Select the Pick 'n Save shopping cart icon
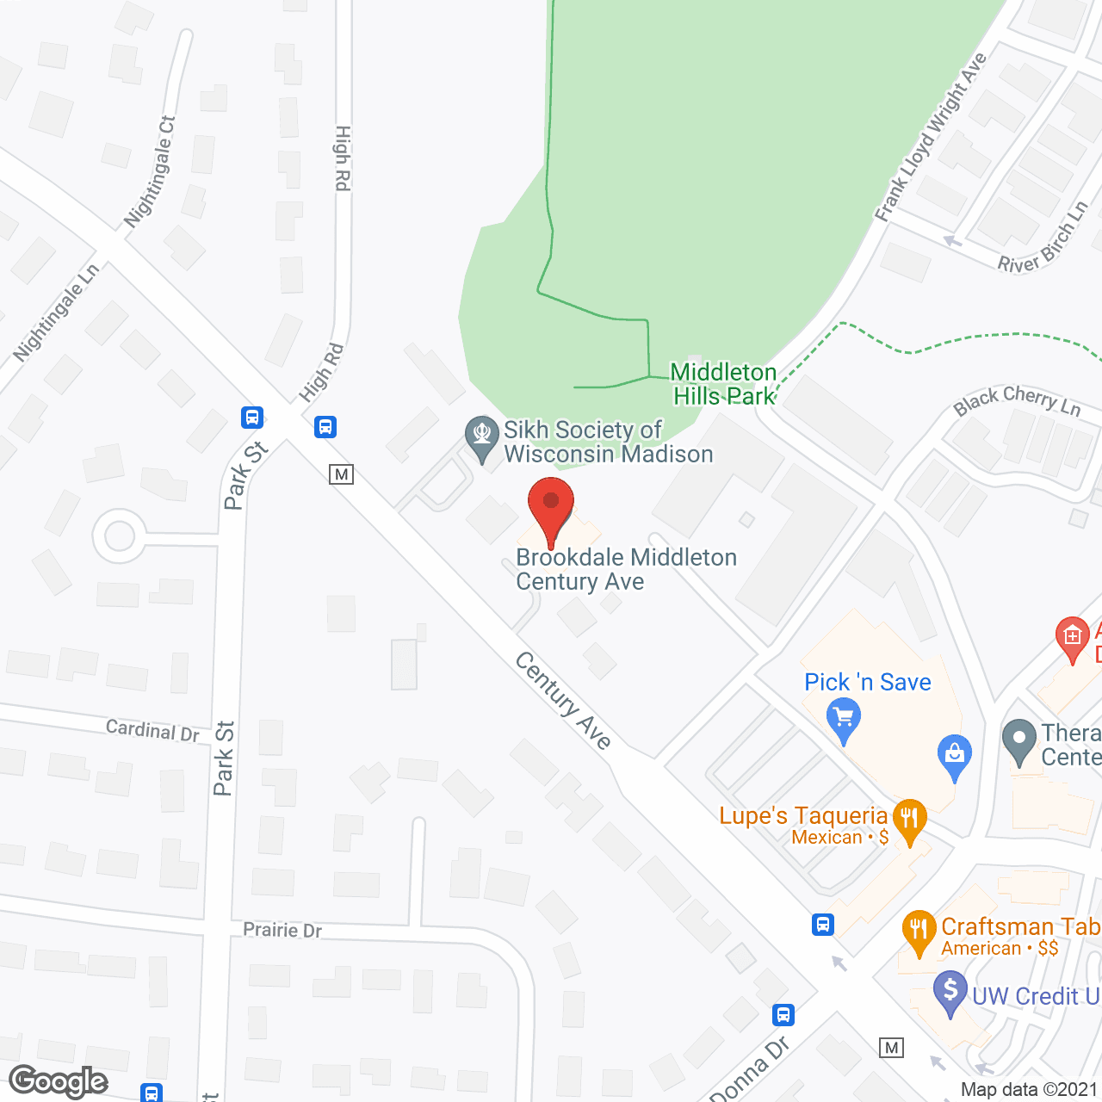tap(844, 719)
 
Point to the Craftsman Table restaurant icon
tap(919, 932)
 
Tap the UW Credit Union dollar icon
tap(950, 992)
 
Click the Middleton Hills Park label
tap(724, 384)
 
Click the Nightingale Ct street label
tap(150, 171)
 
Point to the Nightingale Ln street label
tap(56, 312)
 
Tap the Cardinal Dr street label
tap(152, 731)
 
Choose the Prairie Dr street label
tap(282, 930)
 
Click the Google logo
tap(59, 1081)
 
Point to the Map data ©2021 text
tap(1029, 1090)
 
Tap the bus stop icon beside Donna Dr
tap(783, 1015)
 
